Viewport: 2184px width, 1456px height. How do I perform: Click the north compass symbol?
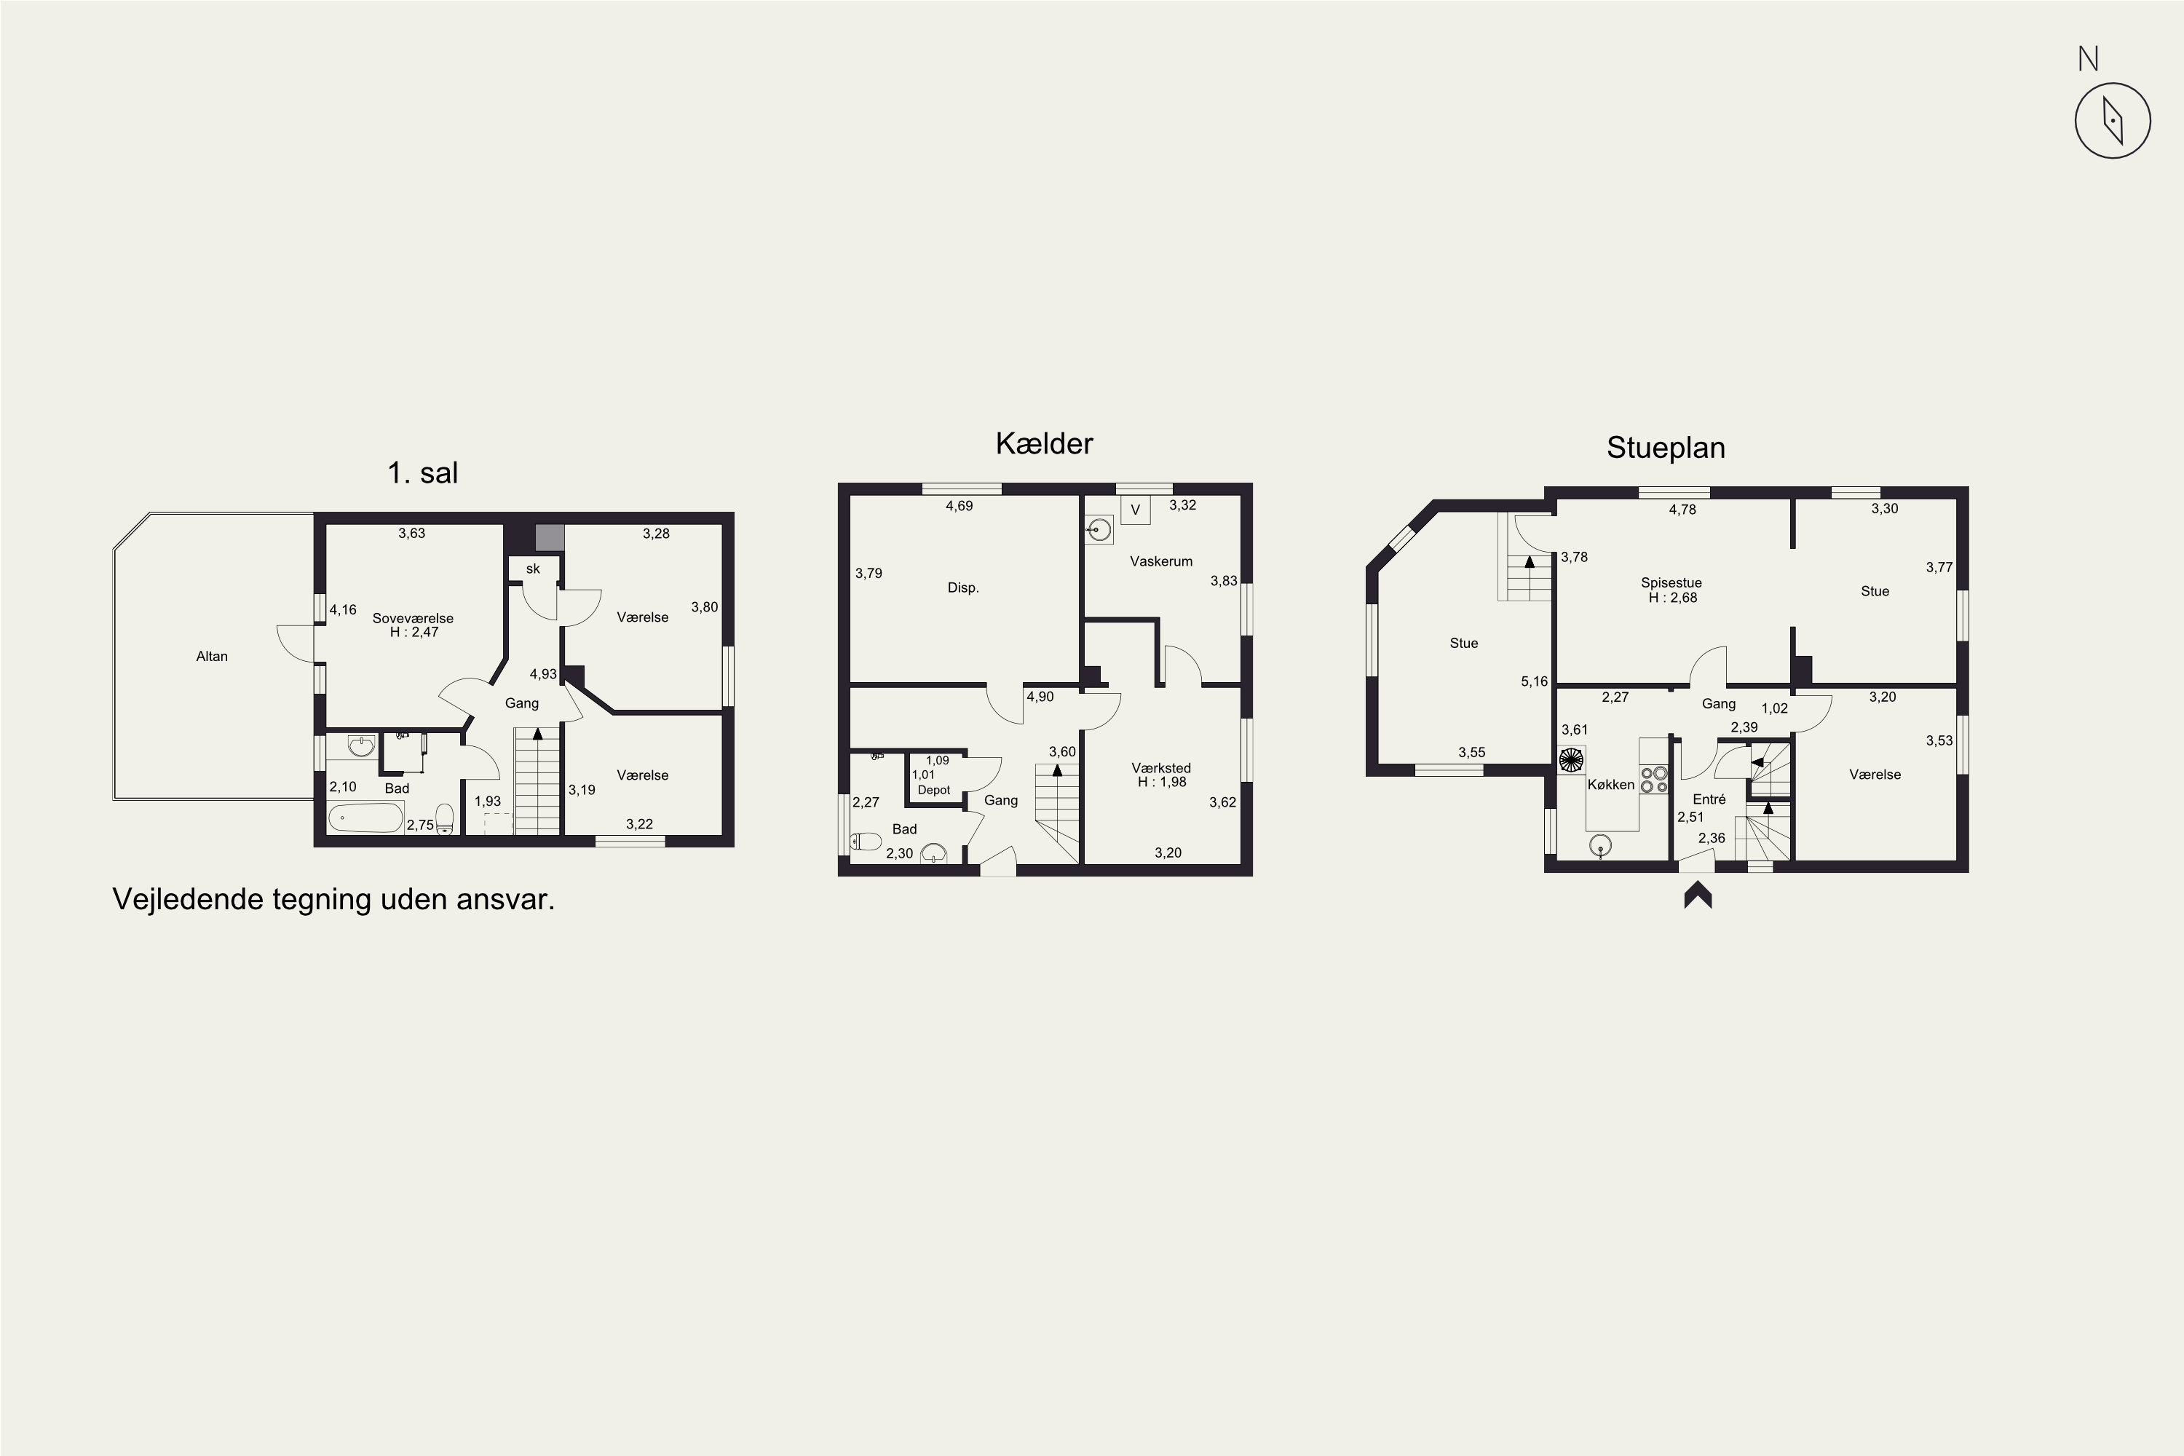[x=2113, y=121]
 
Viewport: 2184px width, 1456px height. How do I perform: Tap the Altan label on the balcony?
[x=212, y=657]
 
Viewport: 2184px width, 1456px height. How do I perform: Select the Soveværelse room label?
[x=414, y=618]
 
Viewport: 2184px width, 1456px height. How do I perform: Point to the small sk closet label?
[x=533, y=569]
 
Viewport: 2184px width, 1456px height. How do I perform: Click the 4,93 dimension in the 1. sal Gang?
[x=543, y=674]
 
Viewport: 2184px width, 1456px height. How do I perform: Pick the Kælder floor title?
[x=1044, y=444]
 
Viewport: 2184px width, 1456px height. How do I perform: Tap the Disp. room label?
[x=963, y=587]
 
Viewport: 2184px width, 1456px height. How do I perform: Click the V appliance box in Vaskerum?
[x=1136, y=510]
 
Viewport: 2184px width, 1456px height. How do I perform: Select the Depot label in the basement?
[x=934, y=790]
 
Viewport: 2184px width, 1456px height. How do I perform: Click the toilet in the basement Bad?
[x=866, y=842]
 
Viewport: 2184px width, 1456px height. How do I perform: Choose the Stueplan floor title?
[x=1666, y=448]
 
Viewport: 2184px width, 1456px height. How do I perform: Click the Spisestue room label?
[x=1671, y=583]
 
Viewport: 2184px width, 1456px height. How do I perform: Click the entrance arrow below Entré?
[x=1698, y=895]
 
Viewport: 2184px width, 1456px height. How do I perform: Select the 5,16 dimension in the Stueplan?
[x=1534, y=681]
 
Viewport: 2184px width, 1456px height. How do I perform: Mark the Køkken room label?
[x=1611, y=785]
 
